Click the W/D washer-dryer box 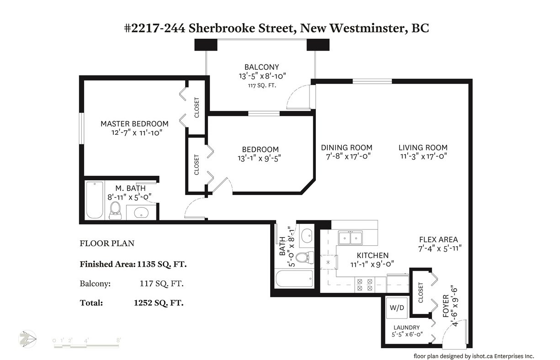click(397, 308)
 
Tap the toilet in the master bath click(115, 211)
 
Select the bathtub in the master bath click(95, 200)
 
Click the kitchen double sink click(350, 238)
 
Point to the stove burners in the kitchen click(364, 285)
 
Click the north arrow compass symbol click(27, 339)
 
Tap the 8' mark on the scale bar click(118, 340)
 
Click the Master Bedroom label click(134, 124)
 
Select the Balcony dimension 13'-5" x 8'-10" click(262, 76)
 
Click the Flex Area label click(438, 239)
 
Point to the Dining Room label click(347, 148)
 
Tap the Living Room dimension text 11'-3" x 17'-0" click(423, 156)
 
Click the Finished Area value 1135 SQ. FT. click(162, 264)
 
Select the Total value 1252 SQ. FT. click(159, 303)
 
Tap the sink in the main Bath click(306, 235)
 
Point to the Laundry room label click(406, 328)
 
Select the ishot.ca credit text click(474, 356)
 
